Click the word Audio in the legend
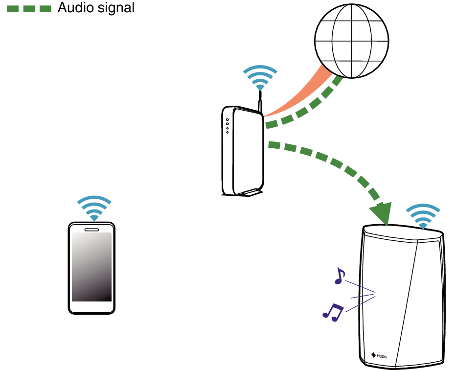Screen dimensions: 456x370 click(x=76, y=7)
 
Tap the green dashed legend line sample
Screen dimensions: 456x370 click(x=29, y=9)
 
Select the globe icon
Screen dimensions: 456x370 click(x=352, y=41)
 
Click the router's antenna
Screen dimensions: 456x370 click(x=260, y=101)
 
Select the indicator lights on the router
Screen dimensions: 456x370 click(x=228, y=126)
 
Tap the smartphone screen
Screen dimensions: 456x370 click(x=91, y=267)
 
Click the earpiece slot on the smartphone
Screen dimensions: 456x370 click(x=91, y=230)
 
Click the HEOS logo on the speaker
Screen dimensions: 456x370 click(x=379, y=355)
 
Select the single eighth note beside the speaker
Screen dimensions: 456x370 click(x=340, y=276)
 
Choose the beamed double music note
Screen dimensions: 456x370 click(x=333, y=312)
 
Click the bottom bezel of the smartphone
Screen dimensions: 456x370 click(x=91, y=307)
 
